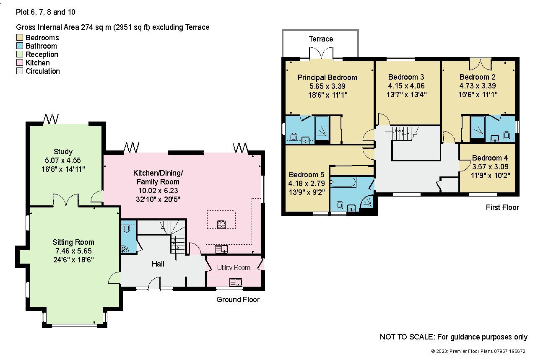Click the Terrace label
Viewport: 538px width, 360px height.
click(x=321, y=39)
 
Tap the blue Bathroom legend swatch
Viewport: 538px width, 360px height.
click(x=20, y=46)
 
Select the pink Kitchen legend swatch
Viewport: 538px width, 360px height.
click(x=20, y=62)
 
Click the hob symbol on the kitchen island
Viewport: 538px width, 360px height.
click(x=221, y=224)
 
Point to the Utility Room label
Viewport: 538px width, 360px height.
click(x=234, y=268)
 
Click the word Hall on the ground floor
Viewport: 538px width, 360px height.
click(x=158, y=264)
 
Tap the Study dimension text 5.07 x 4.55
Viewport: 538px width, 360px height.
click(x=62, y=161)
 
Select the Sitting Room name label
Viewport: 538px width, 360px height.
click(x=73, y=242)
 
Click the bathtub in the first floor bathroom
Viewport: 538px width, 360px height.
click(x=343, y=182)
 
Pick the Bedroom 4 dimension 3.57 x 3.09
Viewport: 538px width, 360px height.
click(x=490, y=166)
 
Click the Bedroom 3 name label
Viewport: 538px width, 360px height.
click(x=406, y=77)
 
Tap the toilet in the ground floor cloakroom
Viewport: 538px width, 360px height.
click(x=127, y=228)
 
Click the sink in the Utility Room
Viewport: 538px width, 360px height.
click(x=236, y=282)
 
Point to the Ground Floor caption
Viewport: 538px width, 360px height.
click(x=238, y=300)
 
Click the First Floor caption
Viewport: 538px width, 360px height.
click(x=502, y=207)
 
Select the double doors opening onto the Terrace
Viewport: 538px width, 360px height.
click(x=321, y=53)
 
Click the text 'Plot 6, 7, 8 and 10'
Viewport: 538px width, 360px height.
click(x=46, y=12)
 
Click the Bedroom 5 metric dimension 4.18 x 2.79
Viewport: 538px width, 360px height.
click(x=307, y=184)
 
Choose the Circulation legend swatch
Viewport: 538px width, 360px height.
click(x=20, y=71)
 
